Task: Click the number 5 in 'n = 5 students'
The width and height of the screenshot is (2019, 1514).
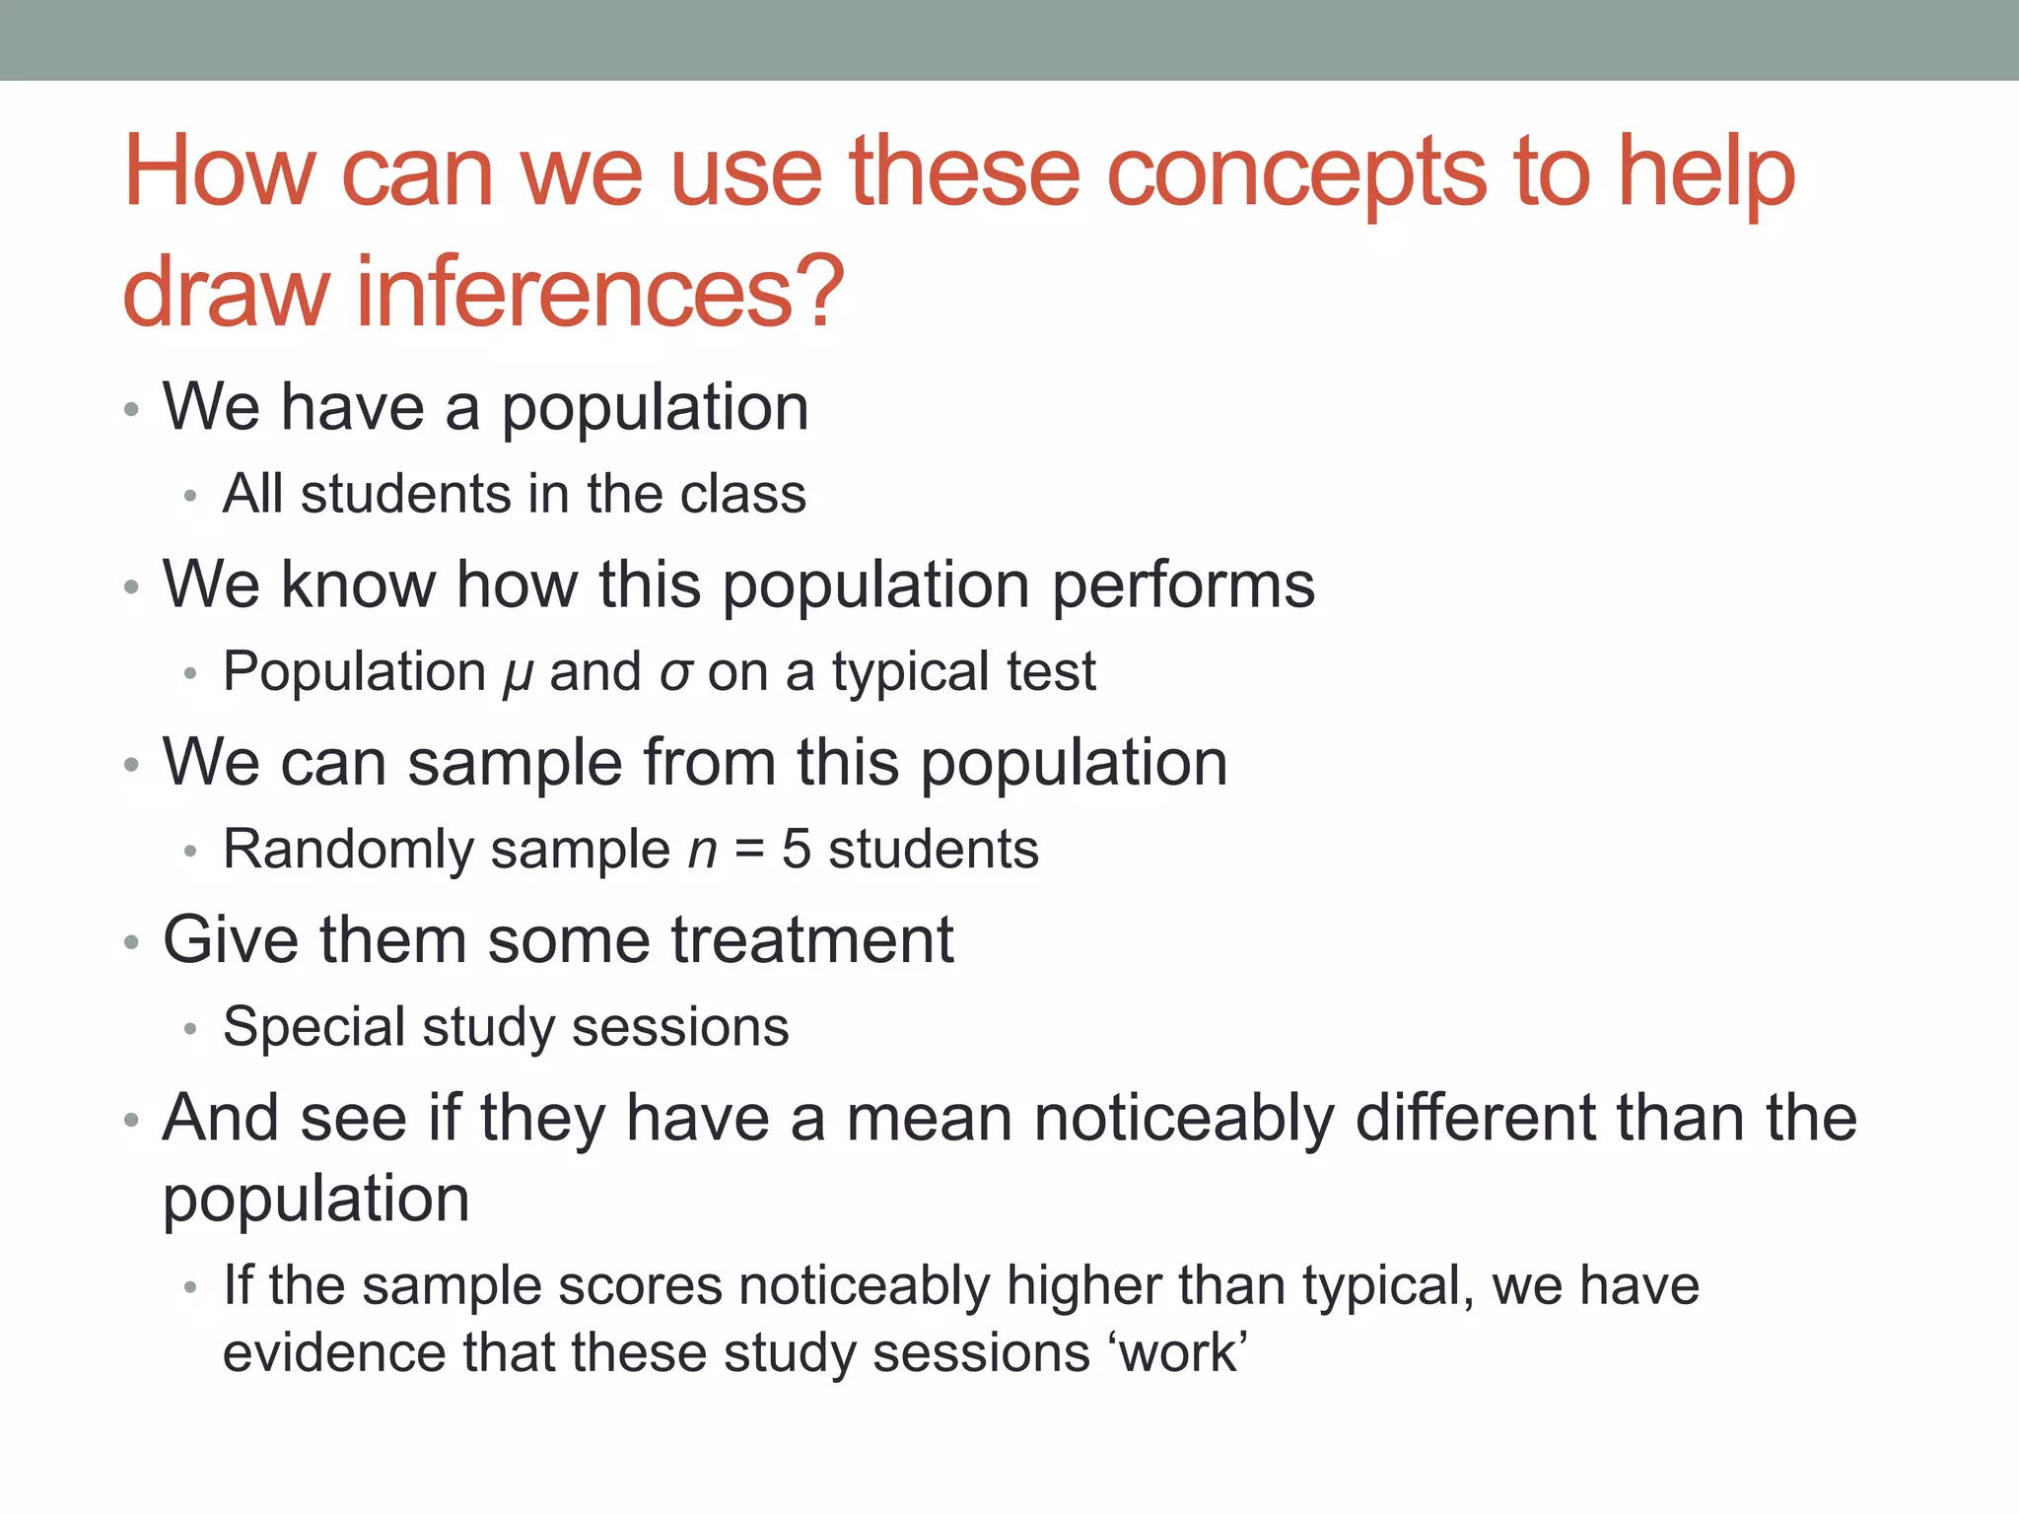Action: click(797, 850)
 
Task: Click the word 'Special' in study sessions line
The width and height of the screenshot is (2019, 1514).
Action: click(313, 1028)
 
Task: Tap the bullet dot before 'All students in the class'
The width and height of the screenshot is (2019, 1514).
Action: click(190, 497)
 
